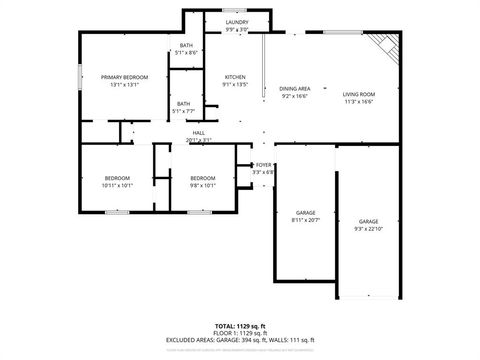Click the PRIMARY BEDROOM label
click(124, 77)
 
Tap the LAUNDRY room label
click(237, 22)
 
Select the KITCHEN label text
click(235, 77)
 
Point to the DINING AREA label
click(295, 89)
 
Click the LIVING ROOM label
click(358, 94)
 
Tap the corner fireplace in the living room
click(383, 44)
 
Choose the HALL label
click(199, 134)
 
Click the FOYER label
click(264, 164)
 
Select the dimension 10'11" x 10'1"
click(117, 185)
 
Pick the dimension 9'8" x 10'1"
click(202, 185)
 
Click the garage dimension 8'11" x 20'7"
click(306, 220)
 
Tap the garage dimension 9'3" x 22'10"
click(369, 228)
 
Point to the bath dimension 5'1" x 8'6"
click(187, 52)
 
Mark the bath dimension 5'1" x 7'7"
click(184, 110)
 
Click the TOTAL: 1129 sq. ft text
click(240, 326)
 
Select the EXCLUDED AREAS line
click(240, 339)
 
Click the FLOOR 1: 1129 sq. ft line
click(240, 332)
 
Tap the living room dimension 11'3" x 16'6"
click(358, 101)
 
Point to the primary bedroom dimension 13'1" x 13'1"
click(124, 84)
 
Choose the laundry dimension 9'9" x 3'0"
click(237, 29)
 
